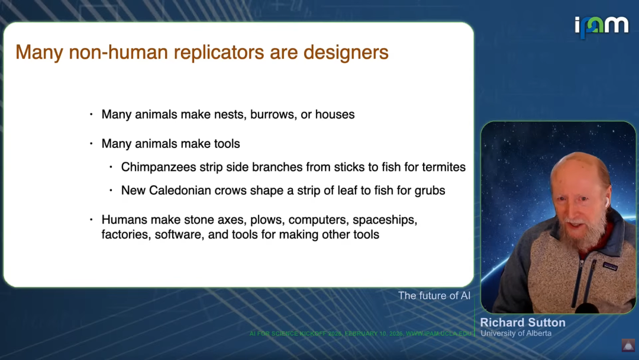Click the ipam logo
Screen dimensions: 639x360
click(x=602, y=27)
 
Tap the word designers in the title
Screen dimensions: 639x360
click(x=346, y=53)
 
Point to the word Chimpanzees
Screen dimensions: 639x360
click(x=159, y=167)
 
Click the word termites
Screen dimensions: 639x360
click(x=444, y=167)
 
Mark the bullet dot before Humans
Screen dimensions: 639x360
click(x=91, y=220)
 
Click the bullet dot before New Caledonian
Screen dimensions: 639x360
click(x=111, y=191)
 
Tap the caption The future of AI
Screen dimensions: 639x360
click(x=434, y=295)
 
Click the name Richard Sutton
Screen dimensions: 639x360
click(x=523, y=323)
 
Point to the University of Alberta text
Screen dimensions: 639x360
click(x=516, y=333)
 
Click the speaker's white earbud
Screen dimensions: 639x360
click(x=607, y=201)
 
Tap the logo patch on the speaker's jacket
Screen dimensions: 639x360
click(x=610, y=266)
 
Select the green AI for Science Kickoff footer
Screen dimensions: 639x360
click(x=360, y=333)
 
